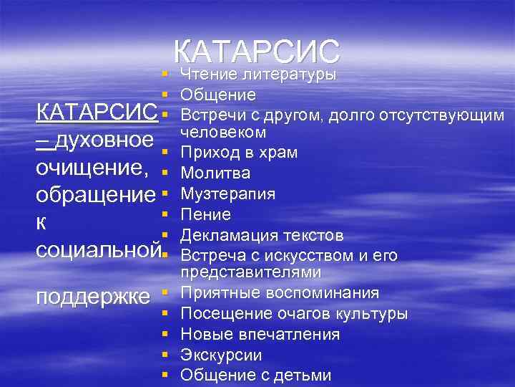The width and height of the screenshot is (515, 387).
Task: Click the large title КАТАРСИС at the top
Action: pos(257,52)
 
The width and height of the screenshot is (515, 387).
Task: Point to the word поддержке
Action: pos(93,296)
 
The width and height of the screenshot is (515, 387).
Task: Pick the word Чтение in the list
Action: pos(209,74)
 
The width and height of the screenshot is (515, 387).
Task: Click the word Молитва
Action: pos(215,173)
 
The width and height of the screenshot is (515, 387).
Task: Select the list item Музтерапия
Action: pos(228,193)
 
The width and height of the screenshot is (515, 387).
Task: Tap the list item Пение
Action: pos(206,214)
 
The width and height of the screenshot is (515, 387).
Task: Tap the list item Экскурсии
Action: pos(221,355)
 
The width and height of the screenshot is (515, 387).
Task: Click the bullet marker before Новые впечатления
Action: pos(165,334)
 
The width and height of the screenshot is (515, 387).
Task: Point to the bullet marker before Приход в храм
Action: pos(165,152)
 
